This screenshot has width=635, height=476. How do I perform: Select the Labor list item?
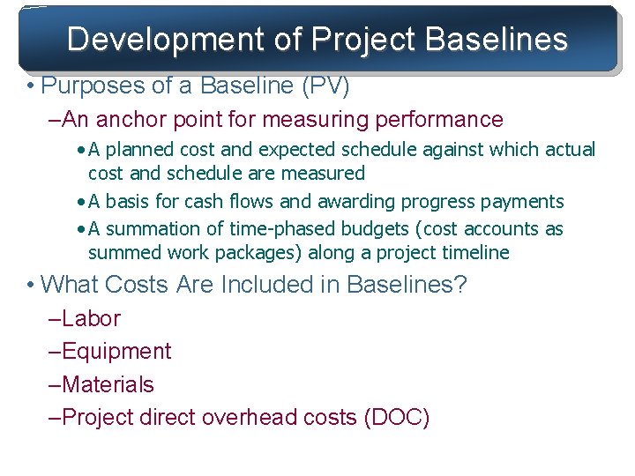click(x=90, y=318)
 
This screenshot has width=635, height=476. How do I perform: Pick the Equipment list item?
click(x=116, y=352)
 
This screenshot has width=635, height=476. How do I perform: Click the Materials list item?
click(x=107, y=385)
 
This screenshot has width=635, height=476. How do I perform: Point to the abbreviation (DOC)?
click(x=396, y=418)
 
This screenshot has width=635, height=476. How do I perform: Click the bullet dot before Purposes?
click(x=31, y=87)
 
